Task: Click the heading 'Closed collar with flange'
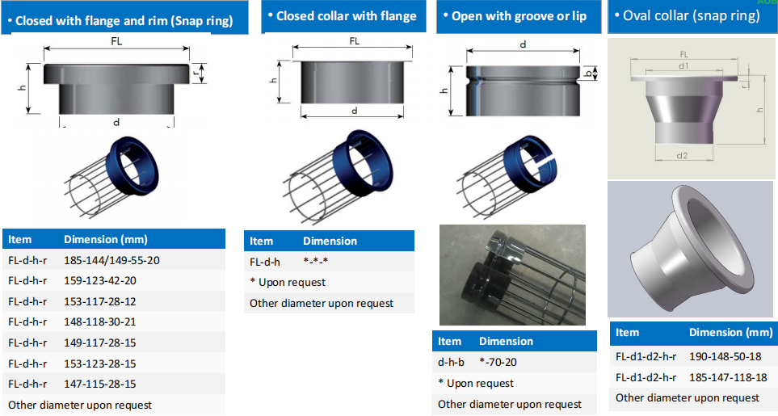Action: (346, 16)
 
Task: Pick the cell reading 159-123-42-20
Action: (100, 280)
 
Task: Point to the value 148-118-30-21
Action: (100, 321)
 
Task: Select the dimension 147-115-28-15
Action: (100, 384)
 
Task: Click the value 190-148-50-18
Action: (727, 356)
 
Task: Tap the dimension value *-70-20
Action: (500, 362)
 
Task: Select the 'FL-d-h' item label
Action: (265, 262)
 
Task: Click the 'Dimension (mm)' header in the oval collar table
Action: (730, 333)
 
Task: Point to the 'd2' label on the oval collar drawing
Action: (682, 155)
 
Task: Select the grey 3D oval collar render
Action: (691, 248)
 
